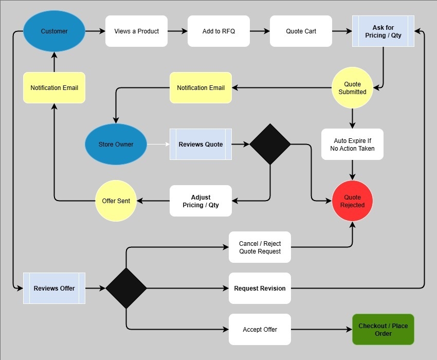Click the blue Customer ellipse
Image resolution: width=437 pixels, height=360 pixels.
pos(54,31)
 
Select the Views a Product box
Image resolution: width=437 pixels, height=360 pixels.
pos(136,31)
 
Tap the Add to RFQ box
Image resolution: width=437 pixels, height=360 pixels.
pos(219,31)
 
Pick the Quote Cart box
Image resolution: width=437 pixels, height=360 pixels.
pos(301,31)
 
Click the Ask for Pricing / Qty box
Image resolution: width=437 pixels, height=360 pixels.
pos(383,31)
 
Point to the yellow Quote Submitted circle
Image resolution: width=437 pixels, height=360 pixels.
pos(352,87)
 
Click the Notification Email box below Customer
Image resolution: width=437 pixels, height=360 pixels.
pos(54,87)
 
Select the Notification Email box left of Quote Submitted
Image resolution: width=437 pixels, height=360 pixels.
pos(201,87)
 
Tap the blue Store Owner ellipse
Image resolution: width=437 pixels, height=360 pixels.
pos(116,144)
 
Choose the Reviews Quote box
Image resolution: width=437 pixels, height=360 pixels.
pos(201,144)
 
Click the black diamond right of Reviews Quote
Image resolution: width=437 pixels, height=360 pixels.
pos(270,144)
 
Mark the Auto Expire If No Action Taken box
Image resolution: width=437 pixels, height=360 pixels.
pos(352,144)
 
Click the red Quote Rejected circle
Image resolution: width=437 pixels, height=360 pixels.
pos(352,201)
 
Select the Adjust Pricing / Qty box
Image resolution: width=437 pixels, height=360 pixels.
pos(201,201)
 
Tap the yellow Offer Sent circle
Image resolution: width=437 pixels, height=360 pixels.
pos(116,201)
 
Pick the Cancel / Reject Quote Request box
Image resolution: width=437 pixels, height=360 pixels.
pos(260,247)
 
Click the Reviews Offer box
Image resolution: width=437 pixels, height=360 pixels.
pos(54,288)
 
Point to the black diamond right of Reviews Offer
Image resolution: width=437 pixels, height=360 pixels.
pos(126,288)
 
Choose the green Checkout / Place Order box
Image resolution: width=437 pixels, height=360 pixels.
pos(383,329)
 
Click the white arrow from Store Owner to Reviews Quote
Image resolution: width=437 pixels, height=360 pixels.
pos(158,144)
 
